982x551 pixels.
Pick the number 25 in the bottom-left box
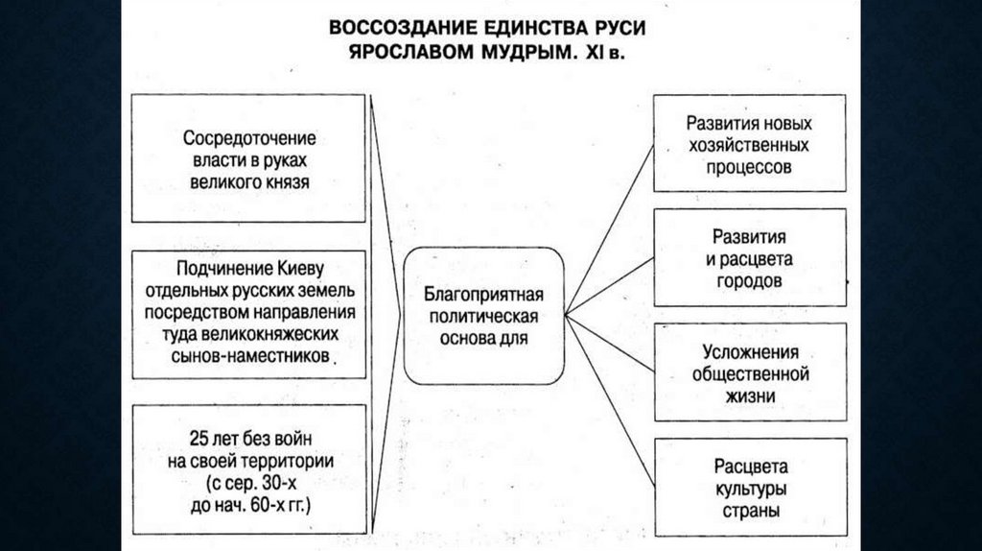pyautogui.click(x=199, y=440)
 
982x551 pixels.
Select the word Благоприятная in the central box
pyautogui.click(x=483, y=293)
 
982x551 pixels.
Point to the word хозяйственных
pyautogui.click(x=749, y=146)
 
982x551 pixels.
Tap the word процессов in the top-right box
pyautogui.click(x=749, y=167)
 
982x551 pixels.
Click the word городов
pyautogui.click(x=749, y=281)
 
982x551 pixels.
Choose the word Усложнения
pyautogui.click(x=750, y=352)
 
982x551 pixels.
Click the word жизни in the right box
pyautogui.click(x=750, y=395)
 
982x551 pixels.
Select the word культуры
pyautogui.click(x=750, y=489)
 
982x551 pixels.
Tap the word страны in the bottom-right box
pyautogui.click(x=750, y=510)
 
